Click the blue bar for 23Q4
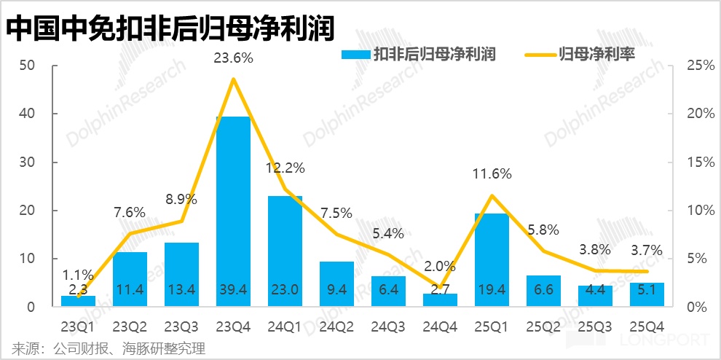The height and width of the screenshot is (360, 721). coord(233,211)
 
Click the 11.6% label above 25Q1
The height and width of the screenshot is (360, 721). coord(492,175)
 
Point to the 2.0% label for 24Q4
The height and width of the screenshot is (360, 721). coord(440,267)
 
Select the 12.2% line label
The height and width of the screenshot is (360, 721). coord(285,169)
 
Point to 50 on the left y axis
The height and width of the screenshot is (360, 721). coord(28,66)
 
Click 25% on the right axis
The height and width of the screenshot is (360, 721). coord(700,66)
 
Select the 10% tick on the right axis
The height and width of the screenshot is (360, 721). coord(700,211)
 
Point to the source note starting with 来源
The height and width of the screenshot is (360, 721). coord(109,348)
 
